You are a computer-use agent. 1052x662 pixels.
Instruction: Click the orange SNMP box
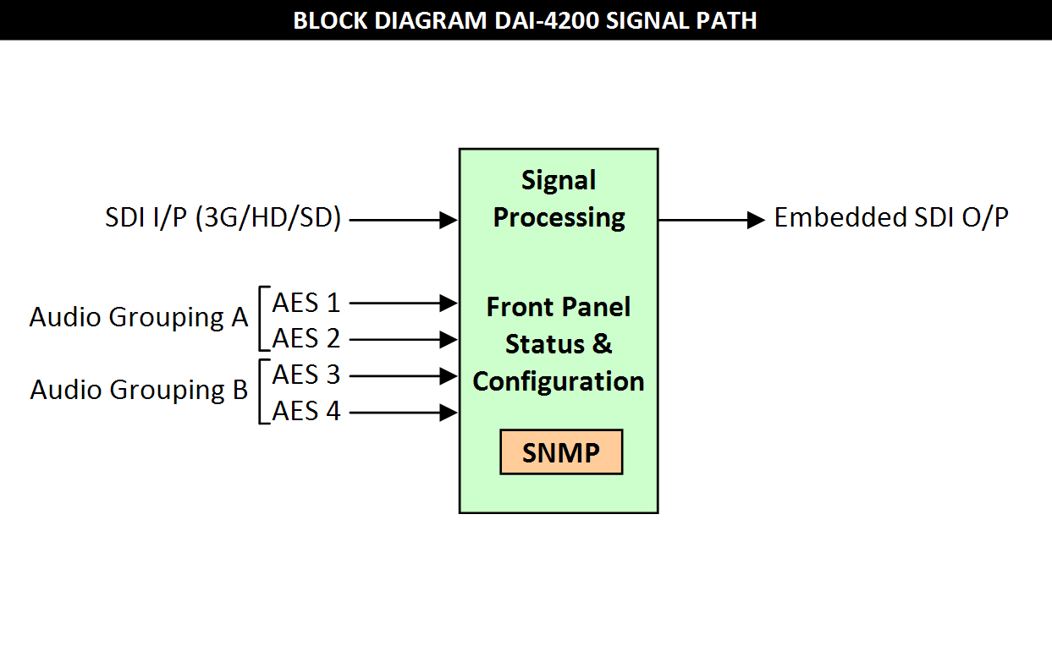[x=561, y=451]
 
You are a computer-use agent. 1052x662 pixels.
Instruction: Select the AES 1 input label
[x=306, y=303]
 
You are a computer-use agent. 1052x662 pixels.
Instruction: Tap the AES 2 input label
[x=306, y=338]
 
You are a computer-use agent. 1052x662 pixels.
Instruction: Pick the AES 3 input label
[x=306, y=375]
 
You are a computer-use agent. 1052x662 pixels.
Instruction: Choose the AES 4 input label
[x=306, y=412]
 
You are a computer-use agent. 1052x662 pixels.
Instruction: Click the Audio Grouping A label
[x=139, y=318]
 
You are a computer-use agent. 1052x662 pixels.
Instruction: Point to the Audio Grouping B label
[x=139, y=391]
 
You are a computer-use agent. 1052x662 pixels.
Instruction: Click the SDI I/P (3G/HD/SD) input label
[x=223, y=218]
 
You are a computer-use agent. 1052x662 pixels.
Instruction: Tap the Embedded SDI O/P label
[x=891, y=217]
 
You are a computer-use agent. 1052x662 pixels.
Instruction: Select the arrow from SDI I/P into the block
[x=404, y=220]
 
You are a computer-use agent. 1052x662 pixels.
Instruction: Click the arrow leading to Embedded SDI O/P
[x=712, y=220]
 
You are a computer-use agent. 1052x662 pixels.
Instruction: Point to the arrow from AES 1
[x=404, y=303]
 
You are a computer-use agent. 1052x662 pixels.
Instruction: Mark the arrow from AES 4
[x=404, y=413]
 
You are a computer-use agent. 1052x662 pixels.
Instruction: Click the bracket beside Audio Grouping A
[x=260, y=319]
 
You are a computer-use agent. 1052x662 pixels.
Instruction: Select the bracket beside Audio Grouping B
[x=260, y=391]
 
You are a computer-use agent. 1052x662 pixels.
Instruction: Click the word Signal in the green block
[x=559, y=181]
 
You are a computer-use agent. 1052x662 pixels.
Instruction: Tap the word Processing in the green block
[x=559, y=218]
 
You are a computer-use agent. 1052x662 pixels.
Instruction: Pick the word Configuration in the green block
[x=559, y=381]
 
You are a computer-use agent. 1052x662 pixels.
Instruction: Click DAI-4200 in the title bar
[x=546, y=20]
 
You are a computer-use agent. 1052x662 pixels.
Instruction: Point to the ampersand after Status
[x=602, y=344]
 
